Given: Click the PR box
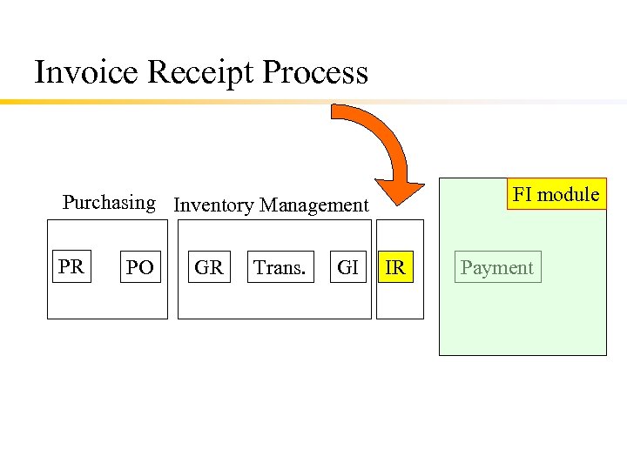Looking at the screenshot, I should click(x=71, y=266).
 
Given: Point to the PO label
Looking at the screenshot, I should click(x=139, y=268).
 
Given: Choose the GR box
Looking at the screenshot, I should click(x=209, y=267).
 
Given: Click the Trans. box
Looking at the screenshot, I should click(x=280, y=267).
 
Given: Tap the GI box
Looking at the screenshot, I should click(x=348, y=267).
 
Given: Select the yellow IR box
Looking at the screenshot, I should click(x=395, y=267).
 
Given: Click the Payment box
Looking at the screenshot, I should click(x=497, y=267).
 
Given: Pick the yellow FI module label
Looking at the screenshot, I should click(x=556, y=194).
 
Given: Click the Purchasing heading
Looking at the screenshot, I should click(x=109, y=203).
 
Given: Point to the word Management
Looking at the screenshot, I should click(x=314, y=205).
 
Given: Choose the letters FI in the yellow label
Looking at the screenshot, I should click(x=522, y=194).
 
